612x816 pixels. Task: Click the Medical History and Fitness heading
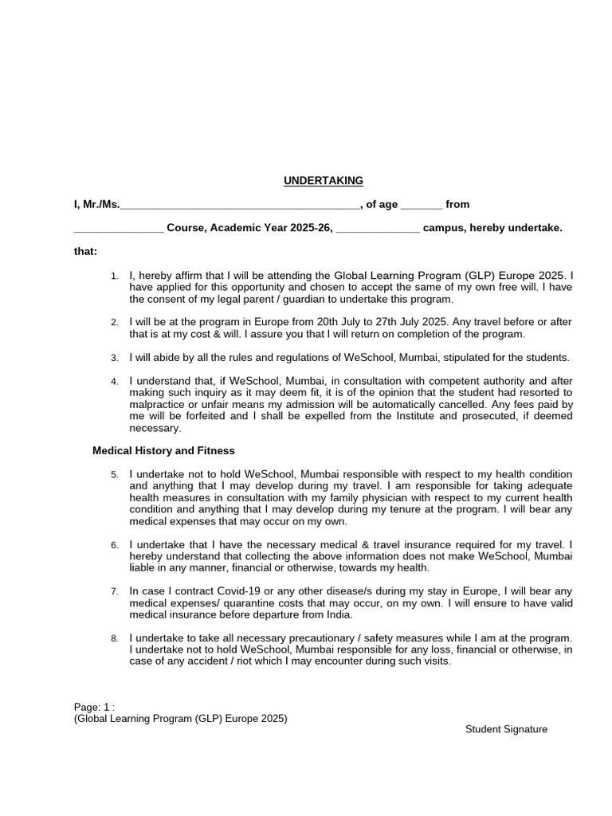(163, 450)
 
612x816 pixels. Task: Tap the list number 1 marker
(115, 276)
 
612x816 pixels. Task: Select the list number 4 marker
(115, 382)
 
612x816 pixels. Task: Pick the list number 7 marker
(115, 592)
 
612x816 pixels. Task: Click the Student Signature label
(507, 729)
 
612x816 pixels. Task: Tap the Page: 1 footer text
(94, 707)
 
